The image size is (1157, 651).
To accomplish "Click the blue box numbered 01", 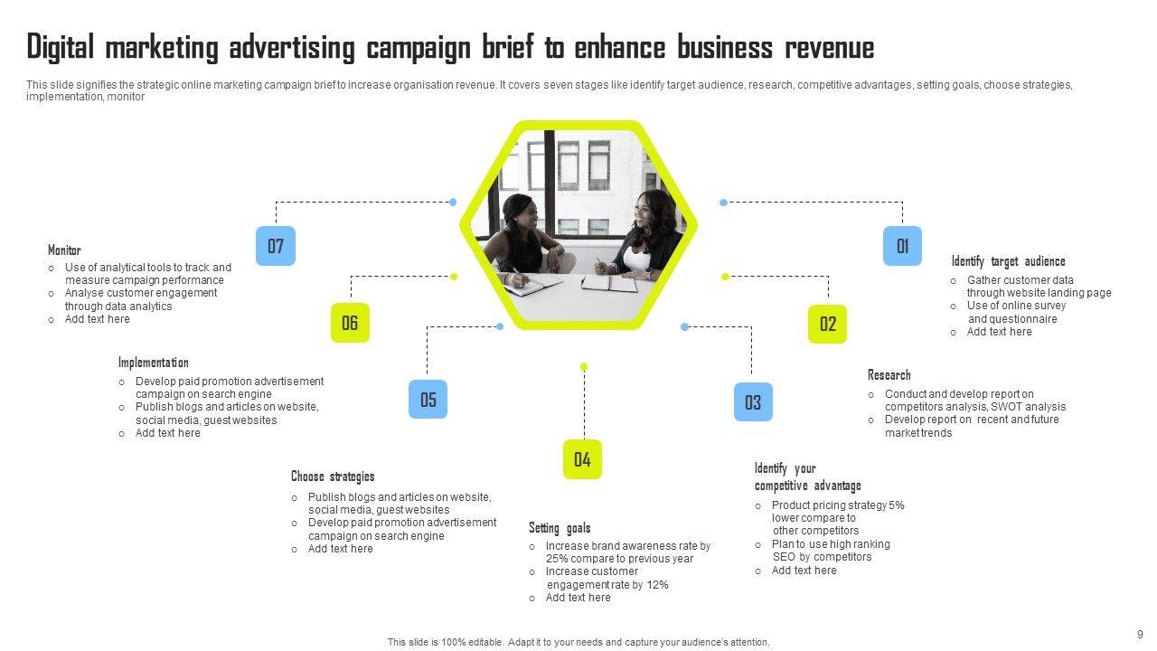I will (x=902, y=246).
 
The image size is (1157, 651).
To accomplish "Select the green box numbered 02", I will (x=827, y=324).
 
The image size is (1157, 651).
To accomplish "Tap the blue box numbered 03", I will (x=753, y=401).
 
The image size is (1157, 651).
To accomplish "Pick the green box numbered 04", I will (x=582, y=459).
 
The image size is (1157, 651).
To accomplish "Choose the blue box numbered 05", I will (x=428, y=400).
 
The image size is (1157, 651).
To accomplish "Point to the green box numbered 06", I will (x=350, y=323).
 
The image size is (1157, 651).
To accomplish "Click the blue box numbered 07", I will (x=276, y=246).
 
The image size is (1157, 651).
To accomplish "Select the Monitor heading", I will (x=64, y=250).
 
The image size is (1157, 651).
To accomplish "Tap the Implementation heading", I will (x=154, y=363).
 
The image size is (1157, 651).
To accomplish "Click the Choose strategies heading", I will (x=333, y=476).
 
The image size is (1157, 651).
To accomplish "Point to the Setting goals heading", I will (x=560, y=528).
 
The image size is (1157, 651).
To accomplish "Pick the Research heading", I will (x=889, y=375).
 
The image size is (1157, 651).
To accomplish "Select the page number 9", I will (x=1140, y=635).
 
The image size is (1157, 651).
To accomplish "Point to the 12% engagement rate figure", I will (x=657, y=585).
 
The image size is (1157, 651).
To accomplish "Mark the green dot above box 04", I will (x=584, y=366).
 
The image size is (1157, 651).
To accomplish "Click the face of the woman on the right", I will (x=648, y=209).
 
